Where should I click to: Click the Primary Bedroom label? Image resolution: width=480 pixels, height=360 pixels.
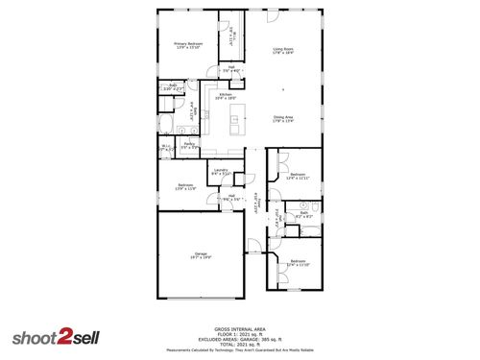[x=186, y=45]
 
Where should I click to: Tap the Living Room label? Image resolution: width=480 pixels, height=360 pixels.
[x=282, y=51]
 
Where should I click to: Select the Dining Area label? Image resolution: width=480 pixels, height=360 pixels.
[x=282, y=119]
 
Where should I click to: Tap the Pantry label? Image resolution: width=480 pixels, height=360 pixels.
[x=190, y=146]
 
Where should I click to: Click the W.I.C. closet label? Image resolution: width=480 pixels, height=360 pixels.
[x=166, y=148]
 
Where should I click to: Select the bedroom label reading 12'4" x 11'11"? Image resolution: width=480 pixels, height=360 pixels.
[x=298, y=177]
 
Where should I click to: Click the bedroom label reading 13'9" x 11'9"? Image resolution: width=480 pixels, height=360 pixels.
[x=185, y=186]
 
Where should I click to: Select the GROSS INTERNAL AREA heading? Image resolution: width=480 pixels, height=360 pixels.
[x=240, y=327]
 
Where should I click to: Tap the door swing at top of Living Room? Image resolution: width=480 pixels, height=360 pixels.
[x=272, y=17]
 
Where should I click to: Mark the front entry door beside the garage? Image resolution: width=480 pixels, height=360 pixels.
[x=252, y=245]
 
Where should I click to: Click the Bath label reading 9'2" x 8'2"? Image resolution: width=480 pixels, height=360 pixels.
[x=303, y=215]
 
